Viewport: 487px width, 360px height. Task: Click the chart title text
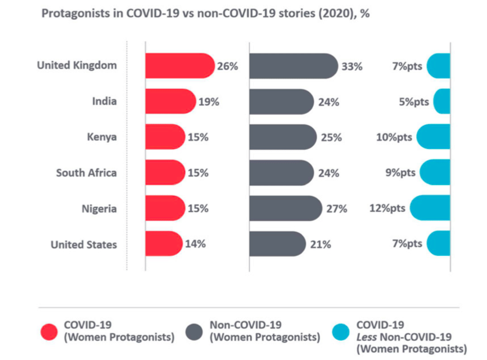tap(205, 14)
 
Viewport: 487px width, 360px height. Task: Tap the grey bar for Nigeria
tap(285, 208)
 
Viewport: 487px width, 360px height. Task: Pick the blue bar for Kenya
tap(434, 137)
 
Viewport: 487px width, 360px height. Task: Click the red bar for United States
tap(163, 243)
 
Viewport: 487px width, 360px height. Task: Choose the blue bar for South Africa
tap(435, 172)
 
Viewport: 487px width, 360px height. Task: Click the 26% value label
tap(227, 66)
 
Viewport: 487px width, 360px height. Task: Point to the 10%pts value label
tap(395, 138)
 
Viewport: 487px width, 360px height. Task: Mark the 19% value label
tap(208, 102)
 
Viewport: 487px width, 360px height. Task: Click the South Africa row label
tap(86, 172)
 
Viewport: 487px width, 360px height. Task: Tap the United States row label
tap(84, 244)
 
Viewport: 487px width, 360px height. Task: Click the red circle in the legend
tap(49, 331)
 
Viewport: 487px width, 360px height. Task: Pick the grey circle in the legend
tap(195, 331)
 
